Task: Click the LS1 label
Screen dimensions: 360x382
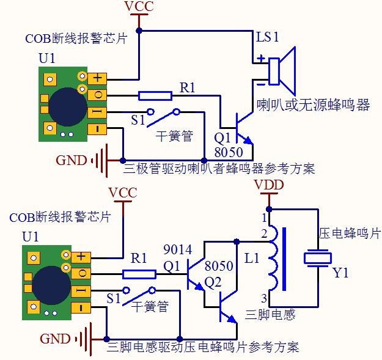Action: (267, 37)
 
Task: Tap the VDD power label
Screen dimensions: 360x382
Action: (268, 185)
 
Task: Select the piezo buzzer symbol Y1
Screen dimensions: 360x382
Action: (318, 259)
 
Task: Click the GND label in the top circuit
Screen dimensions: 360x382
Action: (72, 161)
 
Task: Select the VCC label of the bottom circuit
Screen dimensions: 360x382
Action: (123, 193)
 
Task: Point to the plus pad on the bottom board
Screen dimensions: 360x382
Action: (81, 257)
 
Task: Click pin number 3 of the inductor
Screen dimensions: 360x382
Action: (264, 298)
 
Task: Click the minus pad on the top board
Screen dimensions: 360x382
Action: (98, 129)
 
